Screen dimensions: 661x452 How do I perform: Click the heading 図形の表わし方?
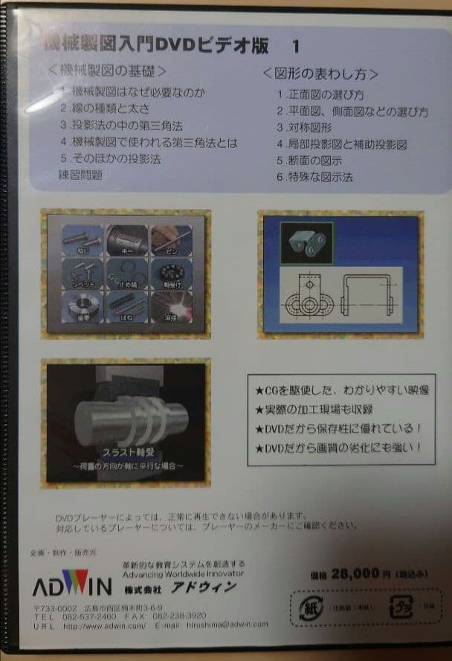320,74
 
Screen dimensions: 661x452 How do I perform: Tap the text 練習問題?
80,175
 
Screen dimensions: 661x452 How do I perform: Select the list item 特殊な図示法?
314,177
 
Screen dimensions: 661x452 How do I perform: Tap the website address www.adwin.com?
104,625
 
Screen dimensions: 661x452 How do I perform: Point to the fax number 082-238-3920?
175,616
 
